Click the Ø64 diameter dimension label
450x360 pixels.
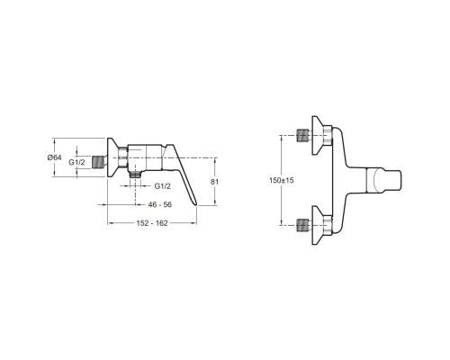54,157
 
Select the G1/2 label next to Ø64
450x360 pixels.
76,162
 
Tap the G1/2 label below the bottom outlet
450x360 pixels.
163,186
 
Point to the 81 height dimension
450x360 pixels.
215,182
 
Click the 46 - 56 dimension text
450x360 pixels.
160,204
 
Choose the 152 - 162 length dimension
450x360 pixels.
152,223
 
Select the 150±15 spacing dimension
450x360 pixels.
282,180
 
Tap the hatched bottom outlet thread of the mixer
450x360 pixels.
136,175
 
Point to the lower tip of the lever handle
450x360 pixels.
197,205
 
